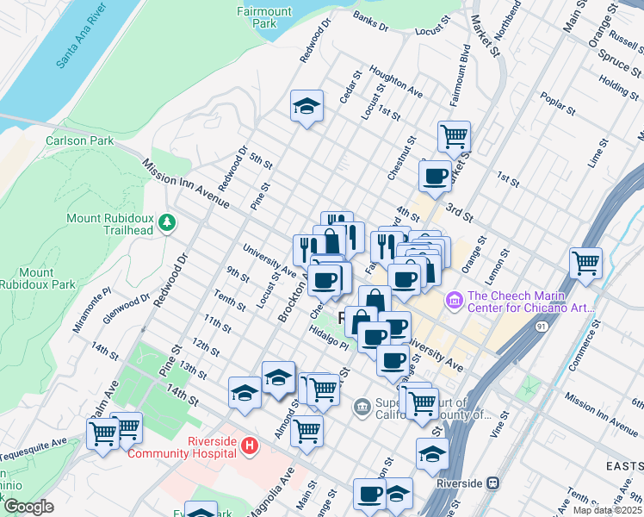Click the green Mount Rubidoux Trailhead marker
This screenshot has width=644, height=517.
tap(166, 224)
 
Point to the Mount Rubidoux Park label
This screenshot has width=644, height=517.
tap(37, 278)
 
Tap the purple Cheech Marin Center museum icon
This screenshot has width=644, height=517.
tap(453, 301)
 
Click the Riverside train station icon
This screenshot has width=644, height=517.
tap(493, 483)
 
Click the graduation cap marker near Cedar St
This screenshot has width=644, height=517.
tap(307, 106)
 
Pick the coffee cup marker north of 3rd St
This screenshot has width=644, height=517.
tap(435, 176)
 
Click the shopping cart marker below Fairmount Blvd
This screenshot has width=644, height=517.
tap(454, 135)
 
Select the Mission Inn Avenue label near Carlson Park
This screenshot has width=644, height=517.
tap(186, 184)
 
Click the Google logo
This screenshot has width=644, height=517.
tap(28, 507)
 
